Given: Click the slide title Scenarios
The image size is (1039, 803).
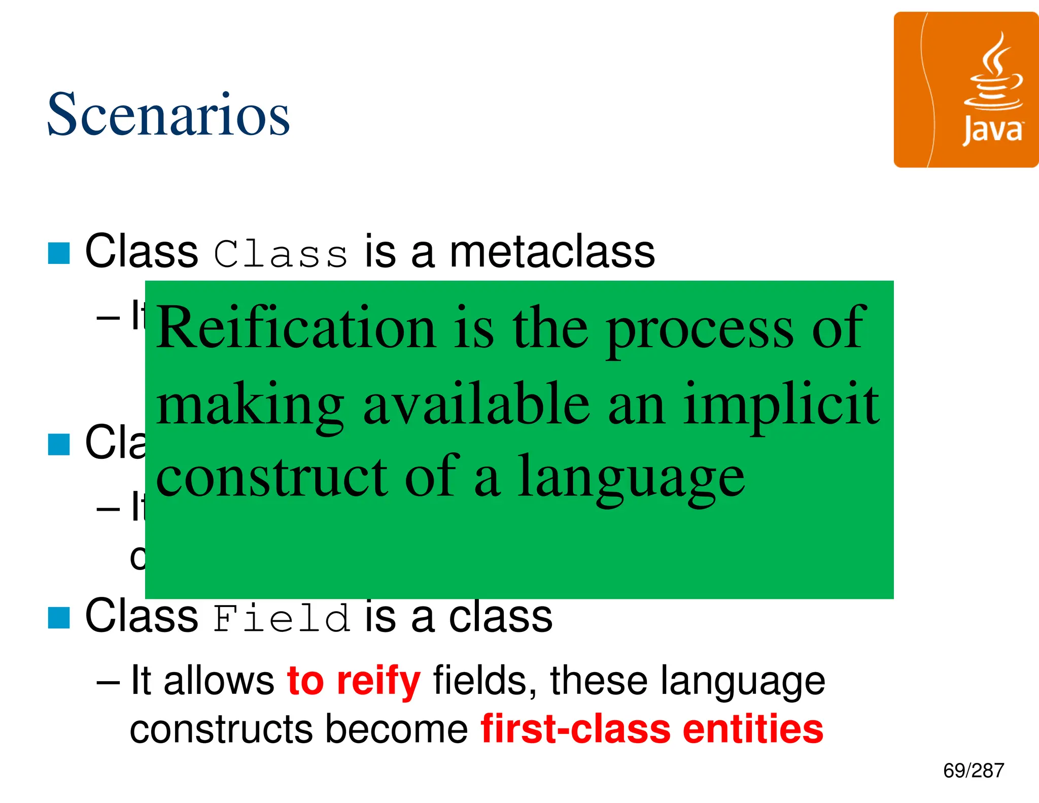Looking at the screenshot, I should tap(168, 115).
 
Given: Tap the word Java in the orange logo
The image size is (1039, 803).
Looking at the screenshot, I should tap(993, 131).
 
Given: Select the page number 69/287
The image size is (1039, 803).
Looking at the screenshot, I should tap(973, 771).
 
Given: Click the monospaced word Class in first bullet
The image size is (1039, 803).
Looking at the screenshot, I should tap(281, 254).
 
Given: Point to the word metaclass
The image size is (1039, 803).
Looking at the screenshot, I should tap(552, 252).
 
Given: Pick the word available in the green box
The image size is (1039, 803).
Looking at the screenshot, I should tap(476, 405).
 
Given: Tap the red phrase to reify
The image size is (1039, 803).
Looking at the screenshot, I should tap(354, 682).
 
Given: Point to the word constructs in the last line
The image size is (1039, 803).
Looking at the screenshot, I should tap(221, 729).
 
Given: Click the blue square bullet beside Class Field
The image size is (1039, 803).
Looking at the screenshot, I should tap(59, 618).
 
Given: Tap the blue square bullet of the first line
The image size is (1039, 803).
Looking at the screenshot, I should tap(59, 253).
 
